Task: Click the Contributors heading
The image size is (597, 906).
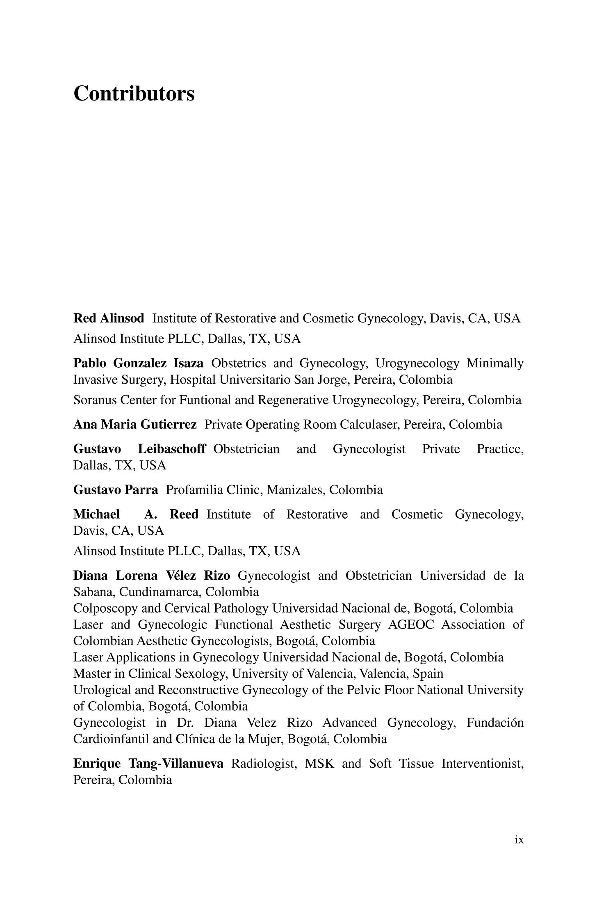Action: tap(134, 94)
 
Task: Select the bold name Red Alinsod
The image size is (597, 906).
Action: tap(109, 318)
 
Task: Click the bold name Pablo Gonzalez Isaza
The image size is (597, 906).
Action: tap(138, 363)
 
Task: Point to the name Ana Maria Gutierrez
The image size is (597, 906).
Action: tap(135, 424)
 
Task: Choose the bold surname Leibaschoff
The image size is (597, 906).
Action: tap(171, 449)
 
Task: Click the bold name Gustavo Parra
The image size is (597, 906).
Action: tap(116, 490)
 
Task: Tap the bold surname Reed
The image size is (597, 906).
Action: tap(184, 514)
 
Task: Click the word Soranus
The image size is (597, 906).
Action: tap(95, 400)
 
